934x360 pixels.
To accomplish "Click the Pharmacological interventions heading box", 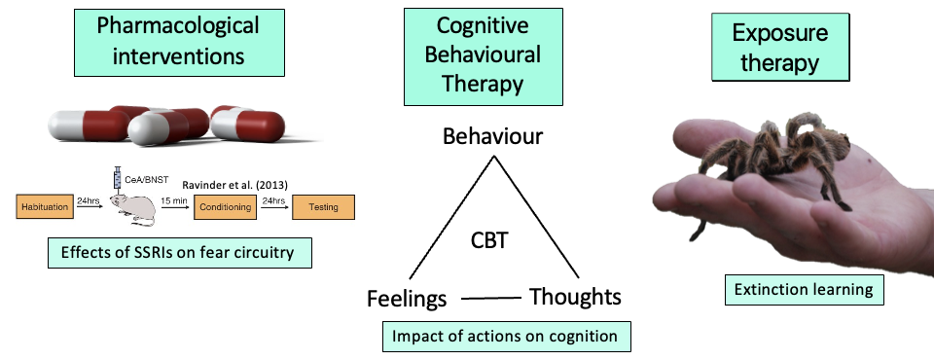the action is (x=179, y=42).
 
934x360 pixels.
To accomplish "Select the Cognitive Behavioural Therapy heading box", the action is (x=484, y=56).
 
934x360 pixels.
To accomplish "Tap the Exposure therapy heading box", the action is (x=780, y=47).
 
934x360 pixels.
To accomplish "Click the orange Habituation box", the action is (x=46, y=207).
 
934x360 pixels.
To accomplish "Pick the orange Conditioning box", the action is (x=225, y=207).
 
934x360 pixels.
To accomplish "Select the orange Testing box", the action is (x=323, y=207).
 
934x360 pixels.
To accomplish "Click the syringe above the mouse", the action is (x=118, y=178).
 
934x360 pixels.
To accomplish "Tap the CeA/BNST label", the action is (x=147, y=179).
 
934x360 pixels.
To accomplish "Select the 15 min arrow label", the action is (x=173, y=200).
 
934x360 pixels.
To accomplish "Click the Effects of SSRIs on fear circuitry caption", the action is (x=179, y=253).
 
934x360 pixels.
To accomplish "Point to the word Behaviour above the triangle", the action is (x=492, y=136).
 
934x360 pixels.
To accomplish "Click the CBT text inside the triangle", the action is (x=489, y=240).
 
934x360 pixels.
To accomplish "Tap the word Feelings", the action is (x=407, y=298).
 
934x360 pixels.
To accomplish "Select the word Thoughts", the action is (x=575, y=296).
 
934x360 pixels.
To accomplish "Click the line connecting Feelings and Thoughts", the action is (x=490, y=298).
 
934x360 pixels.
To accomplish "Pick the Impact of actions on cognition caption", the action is (x=506, y=336).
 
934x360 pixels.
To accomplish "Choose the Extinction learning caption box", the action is (x=805, y=290).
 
